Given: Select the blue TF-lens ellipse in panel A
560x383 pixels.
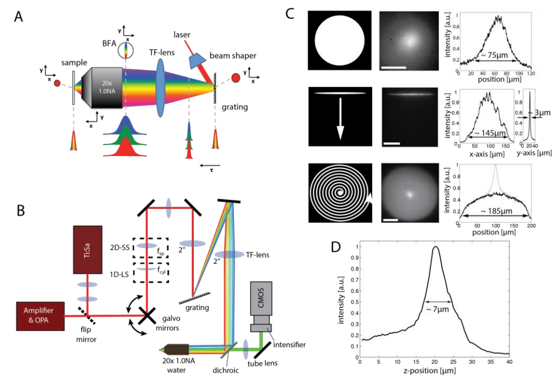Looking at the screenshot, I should pos(161,88).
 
